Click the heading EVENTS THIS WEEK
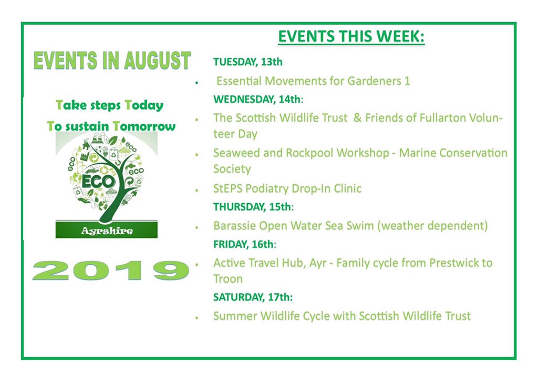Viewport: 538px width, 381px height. (x=351, y=37)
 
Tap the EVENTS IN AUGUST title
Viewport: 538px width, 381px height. (x=111, y=61)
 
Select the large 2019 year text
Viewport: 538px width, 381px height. (x=111, y=269)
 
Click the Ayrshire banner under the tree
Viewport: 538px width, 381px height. (x=107, y=230)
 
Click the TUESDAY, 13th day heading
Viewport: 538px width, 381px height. (x=247, y=62)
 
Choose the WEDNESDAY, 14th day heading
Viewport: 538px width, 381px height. (x=258, y=99)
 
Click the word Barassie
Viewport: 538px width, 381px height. (x=234, y=226)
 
